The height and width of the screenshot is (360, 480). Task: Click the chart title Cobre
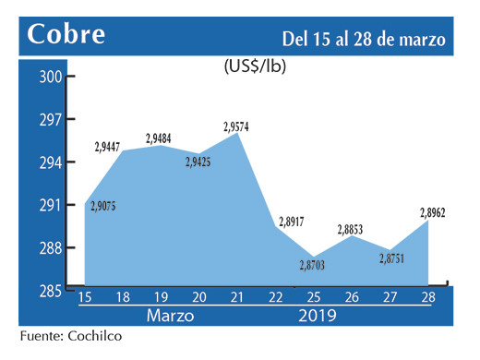66,34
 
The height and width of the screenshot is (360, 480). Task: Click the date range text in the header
364,39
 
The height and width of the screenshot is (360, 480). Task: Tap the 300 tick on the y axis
49,78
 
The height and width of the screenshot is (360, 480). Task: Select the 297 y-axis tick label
49,120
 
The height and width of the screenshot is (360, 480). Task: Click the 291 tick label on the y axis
49,205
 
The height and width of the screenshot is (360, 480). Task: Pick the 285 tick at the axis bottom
49,291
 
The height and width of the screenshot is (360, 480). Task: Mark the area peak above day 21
239,134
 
